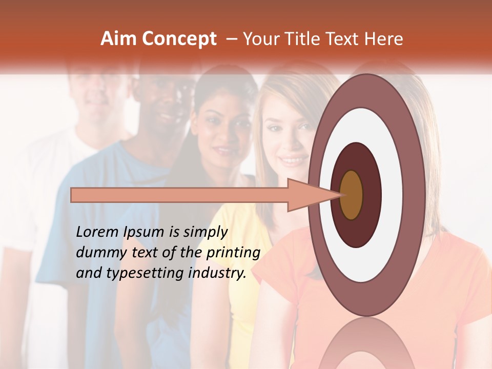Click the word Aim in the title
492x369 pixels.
tap(117, 39)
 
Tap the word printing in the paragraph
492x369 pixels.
tap(233, 253)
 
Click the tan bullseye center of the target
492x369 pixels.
tap(352, 195)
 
